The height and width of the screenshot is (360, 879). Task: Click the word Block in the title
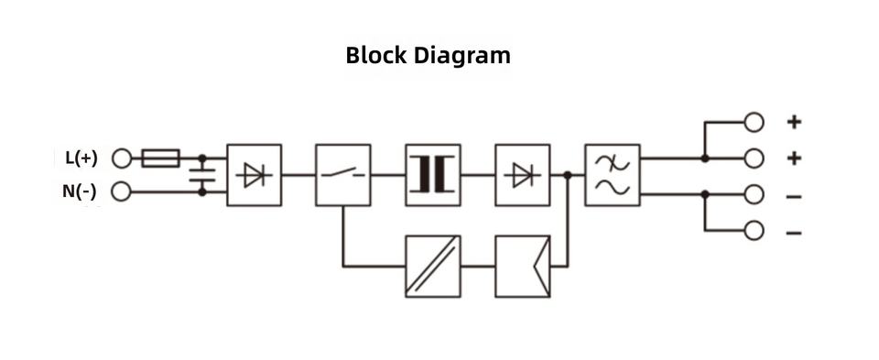375,56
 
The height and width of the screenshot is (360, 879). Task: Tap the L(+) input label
81,158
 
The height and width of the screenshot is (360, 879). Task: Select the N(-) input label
79,191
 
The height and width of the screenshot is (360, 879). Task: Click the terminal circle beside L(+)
121,158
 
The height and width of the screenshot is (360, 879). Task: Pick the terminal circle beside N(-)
121,191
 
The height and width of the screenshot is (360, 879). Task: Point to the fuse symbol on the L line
161,158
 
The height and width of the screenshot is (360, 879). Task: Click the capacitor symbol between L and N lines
202,175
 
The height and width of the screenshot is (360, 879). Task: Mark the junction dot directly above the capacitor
202,158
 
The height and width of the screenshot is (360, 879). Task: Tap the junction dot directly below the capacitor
202,191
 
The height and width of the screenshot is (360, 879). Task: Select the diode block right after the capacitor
254,175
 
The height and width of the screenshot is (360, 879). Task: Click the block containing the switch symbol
343,175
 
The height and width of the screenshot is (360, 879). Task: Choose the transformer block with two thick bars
433,175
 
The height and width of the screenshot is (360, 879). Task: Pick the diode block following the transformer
523,175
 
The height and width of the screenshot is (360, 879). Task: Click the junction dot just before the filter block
568,176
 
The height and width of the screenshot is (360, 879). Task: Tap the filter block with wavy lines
613,175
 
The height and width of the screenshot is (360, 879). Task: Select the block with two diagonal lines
433,266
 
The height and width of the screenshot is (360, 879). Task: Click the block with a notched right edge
523,266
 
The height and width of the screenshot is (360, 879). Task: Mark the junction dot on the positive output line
705,158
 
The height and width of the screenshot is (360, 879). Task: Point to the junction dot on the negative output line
705,194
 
